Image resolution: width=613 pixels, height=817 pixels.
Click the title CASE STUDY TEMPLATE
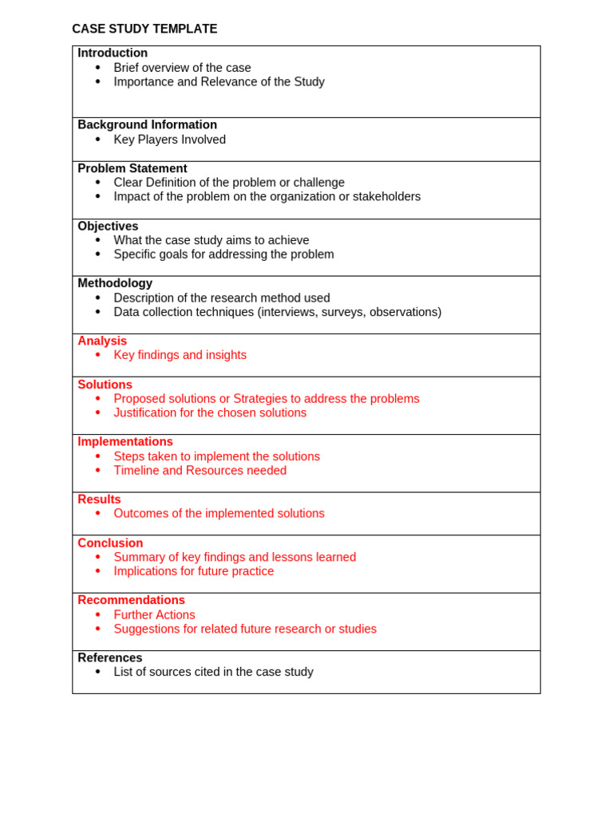[144, 29]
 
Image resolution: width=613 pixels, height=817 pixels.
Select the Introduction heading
[113, 53]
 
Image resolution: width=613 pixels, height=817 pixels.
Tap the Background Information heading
[147, 125]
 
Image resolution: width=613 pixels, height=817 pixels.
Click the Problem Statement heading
[132, 168]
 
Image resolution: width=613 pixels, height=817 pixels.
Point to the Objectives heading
[108, 227]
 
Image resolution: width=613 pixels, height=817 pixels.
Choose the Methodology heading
[115, 283]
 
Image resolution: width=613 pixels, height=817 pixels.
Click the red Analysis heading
[102, 341]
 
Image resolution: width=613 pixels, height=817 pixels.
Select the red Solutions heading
[105, 385]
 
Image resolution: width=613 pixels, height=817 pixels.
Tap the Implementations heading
[125, 442]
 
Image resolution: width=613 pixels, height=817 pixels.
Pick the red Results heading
[99, 499]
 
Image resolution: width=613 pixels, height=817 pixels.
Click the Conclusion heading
[110, 543]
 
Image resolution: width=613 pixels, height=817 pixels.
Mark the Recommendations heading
[131, 600]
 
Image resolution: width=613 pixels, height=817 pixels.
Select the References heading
[110, 658]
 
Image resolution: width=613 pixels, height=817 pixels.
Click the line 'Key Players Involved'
[169, 140]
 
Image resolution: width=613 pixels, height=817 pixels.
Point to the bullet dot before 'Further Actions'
[98, 615]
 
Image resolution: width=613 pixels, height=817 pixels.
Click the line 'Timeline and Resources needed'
[200, 471]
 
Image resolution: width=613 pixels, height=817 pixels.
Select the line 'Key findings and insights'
[180, 355]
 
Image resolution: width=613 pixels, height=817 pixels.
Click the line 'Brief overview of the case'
[182, 68]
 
